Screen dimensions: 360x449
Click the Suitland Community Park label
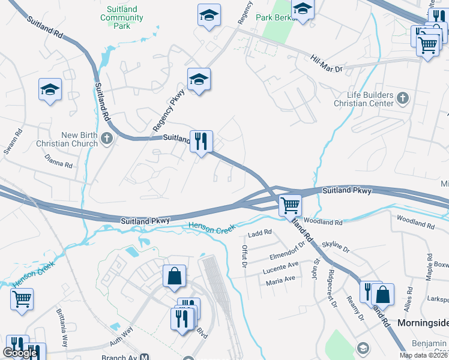coord(122,17)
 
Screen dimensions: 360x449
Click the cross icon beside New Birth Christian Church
coord(107,139)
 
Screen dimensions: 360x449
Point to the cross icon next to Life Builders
coord(403,98)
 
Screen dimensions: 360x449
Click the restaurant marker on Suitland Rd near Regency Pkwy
coord(201,142)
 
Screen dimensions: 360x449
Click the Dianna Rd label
coord(59,160)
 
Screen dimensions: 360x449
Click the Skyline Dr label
coord(336,245)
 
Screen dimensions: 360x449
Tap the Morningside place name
coord(423,323)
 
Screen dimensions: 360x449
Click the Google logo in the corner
coord(20,353)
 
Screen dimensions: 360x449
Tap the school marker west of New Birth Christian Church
coord(50,90)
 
